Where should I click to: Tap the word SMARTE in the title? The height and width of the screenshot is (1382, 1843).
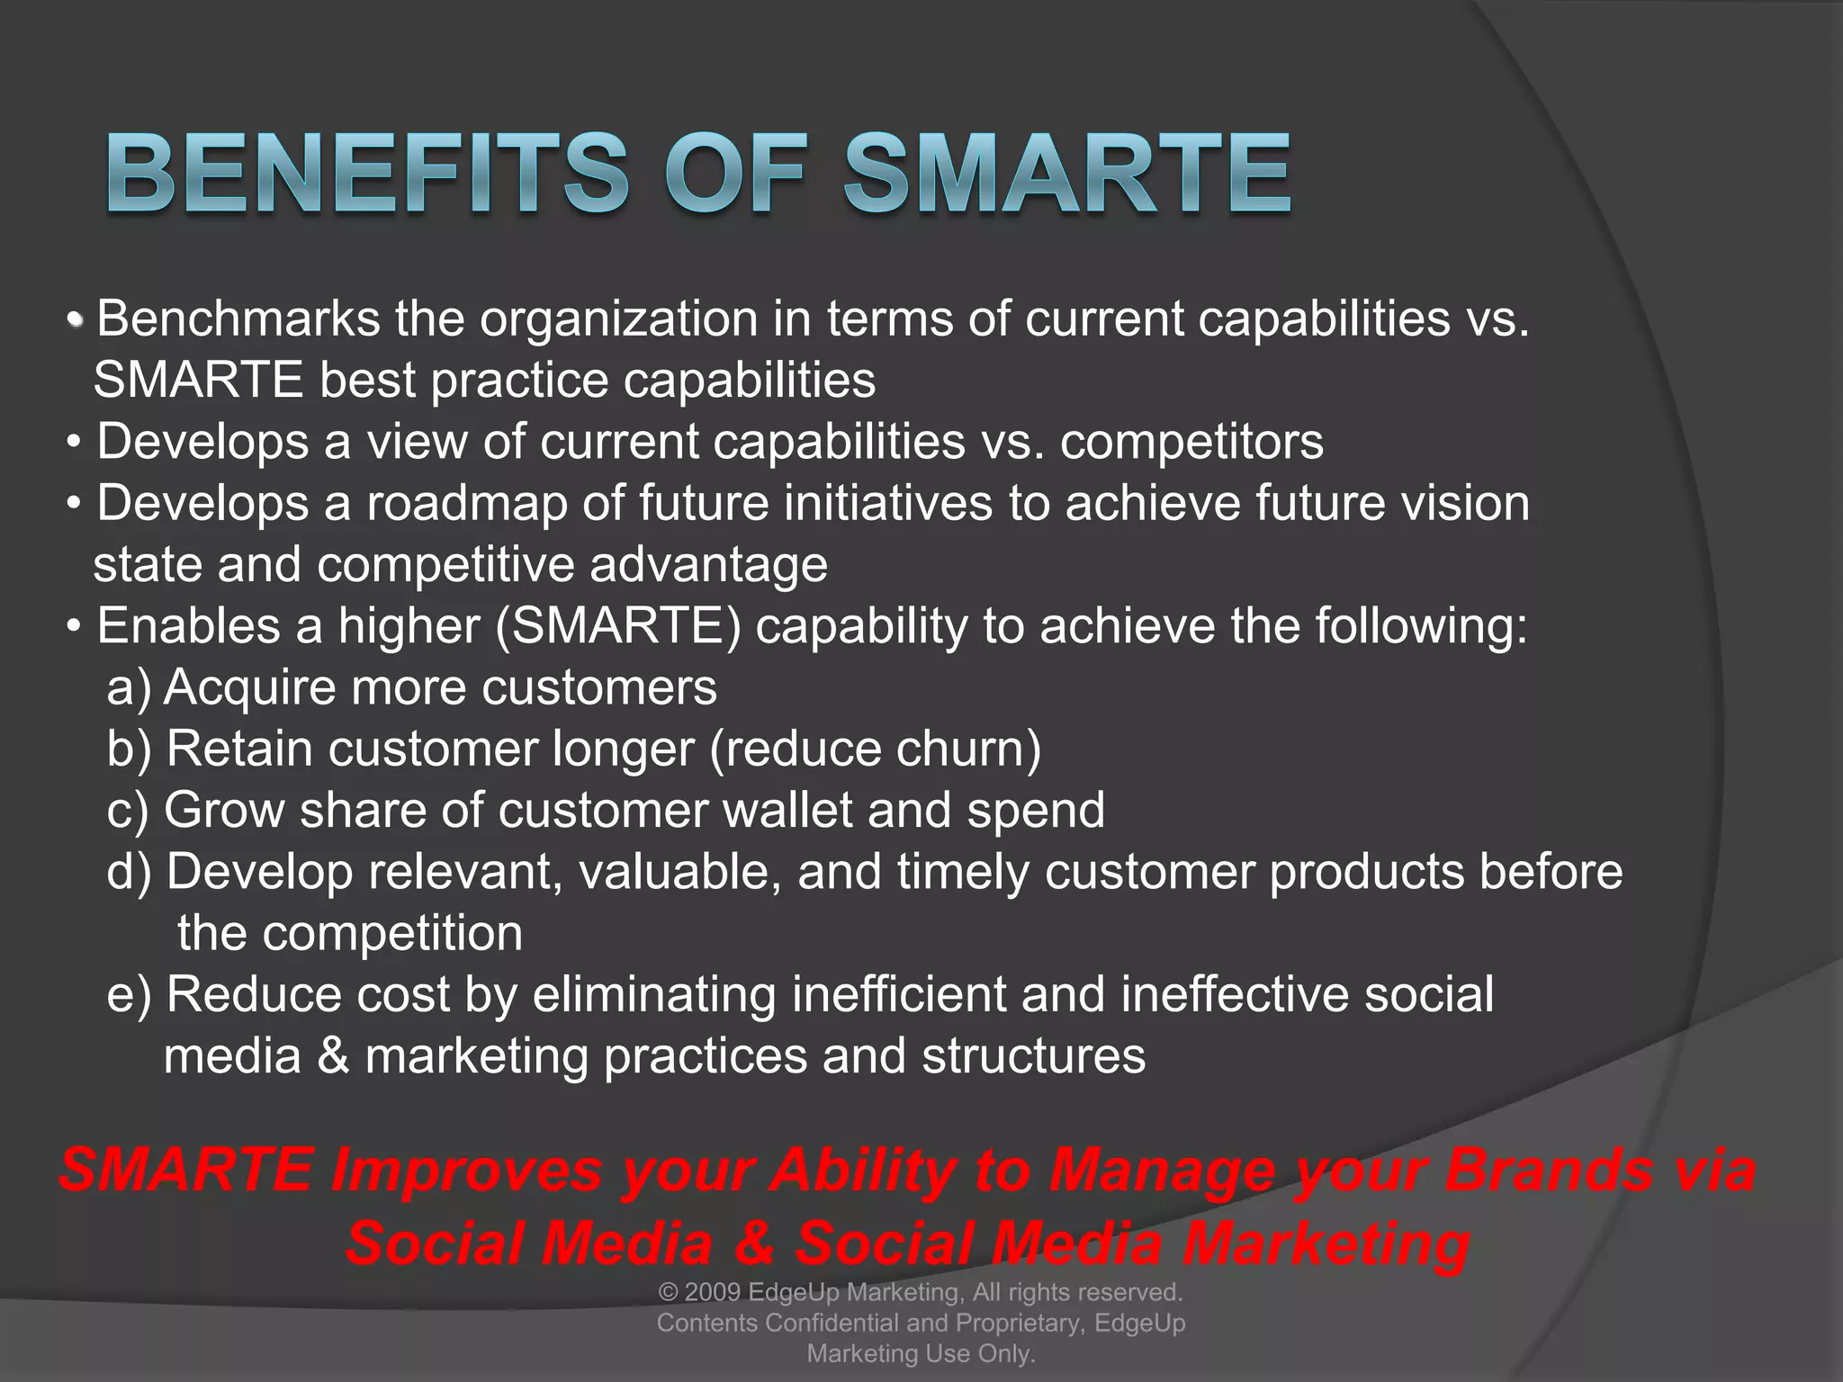1067,173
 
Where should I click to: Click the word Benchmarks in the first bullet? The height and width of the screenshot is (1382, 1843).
238,319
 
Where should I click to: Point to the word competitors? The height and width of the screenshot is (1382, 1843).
1191,442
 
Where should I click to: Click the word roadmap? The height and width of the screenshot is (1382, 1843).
467,503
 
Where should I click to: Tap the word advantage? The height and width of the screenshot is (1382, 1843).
708,564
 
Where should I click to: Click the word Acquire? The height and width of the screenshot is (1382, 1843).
249,687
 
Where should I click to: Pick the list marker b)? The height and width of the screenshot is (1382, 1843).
130,749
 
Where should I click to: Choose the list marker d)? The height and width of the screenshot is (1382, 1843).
130,872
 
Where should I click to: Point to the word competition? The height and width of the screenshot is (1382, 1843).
392,933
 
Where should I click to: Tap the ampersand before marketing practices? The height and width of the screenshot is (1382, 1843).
333,1056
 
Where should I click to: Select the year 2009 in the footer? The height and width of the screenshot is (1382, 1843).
713,1293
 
